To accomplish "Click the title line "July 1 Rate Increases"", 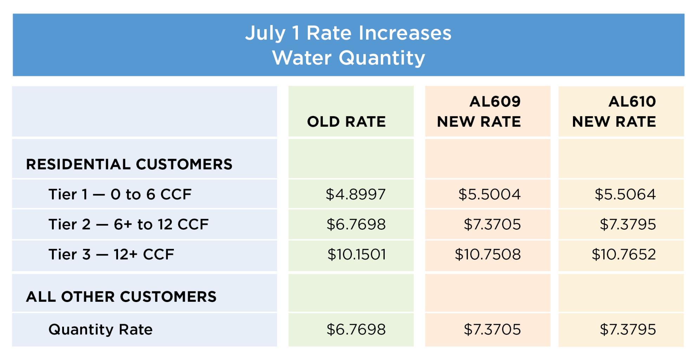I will (348, 33).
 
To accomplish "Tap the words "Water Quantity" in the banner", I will (348, 58).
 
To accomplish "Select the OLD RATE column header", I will (346, 122).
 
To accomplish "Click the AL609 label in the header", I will (495, 102).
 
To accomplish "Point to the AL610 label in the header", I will (632, 102).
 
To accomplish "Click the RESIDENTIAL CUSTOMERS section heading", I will (129, 164).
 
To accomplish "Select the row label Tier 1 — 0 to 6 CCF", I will (120, 194).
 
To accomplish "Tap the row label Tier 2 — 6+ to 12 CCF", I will (128, 224).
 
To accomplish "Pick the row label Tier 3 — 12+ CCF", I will (111, 254).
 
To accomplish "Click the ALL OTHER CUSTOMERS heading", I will (121, 297).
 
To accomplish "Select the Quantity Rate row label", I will (100, 329).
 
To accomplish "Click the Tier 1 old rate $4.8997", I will (356, 194).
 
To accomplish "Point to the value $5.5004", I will (489, 194).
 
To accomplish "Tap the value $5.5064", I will (625, 194).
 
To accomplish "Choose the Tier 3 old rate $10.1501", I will (357, 254).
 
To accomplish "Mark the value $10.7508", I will (488, 254).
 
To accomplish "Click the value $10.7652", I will (624, 254).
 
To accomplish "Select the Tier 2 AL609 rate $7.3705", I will (492, 224).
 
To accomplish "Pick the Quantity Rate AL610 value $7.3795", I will (627, 329).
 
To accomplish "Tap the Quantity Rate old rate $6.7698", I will (356, 329).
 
